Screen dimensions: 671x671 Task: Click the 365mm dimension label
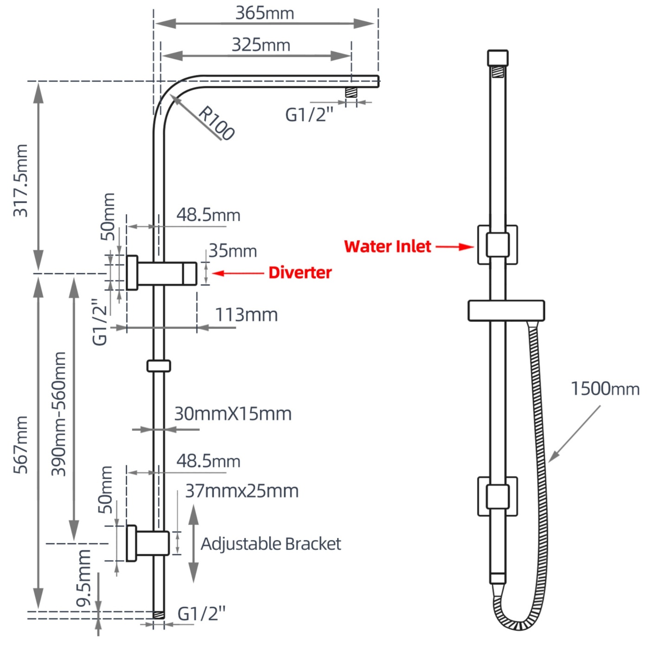(x=265, y=13)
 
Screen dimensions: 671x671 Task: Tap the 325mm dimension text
(x=261, y=45)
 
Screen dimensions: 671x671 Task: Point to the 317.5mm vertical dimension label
(x=21, y=180)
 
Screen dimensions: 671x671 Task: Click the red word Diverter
(x=300, y=273)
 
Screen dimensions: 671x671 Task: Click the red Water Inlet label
(x=388, y=247)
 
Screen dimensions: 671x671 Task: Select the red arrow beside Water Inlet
(x=454, y=247)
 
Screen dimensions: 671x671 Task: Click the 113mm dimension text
(x=246, y=315)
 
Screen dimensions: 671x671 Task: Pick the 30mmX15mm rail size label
(x=233, y=414)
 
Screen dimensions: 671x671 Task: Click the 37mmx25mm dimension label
(x=241, y=491)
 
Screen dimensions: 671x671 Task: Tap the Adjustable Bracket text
(x=271, y=544)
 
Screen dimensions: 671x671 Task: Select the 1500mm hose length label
(x=605, y=389)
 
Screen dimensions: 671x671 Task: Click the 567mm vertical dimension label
(x=21, y=444)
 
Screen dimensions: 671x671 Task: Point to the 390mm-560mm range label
(x=59, y=414)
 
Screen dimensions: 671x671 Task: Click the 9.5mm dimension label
(x=84, y=578)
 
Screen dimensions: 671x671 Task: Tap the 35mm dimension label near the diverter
(x=233, y=251)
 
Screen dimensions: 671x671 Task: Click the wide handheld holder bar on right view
(x=506, y=311)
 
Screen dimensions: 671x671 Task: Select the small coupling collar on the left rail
(x=159, y=366)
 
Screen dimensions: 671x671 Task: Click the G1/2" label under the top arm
(x=309, y=115)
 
